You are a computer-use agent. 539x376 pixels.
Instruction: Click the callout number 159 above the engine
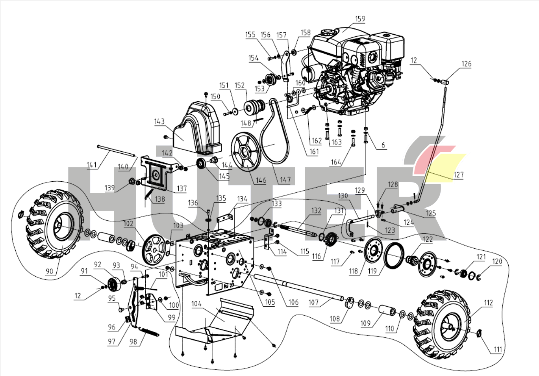pyautogui.click(x=360, y=19)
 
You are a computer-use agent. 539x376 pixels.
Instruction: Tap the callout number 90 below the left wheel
pyautogui.click(x=49, y=272)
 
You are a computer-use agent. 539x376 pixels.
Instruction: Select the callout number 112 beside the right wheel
pyautogui.click(x=489, y=303)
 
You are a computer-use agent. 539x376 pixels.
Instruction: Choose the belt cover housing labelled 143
pyautogui.click(x=197, y=128)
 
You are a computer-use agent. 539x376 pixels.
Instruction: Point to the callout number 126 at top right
pyautogui.click(x=466, y=64)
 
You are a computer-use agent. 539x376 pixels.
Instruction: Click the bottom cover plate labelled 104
pyautogui.click(x=214, y=320)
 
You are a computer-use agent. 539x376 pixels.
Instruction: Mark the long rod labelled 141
pyautogui.click(x=117, y=151)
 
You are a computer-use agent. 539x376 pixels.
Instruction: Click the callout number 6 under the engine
pyautogui.click(x=383, y=145)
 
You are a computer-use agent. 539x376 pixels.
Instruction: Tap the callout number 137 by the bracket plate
pyautogui.click(x=182, y=188)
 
